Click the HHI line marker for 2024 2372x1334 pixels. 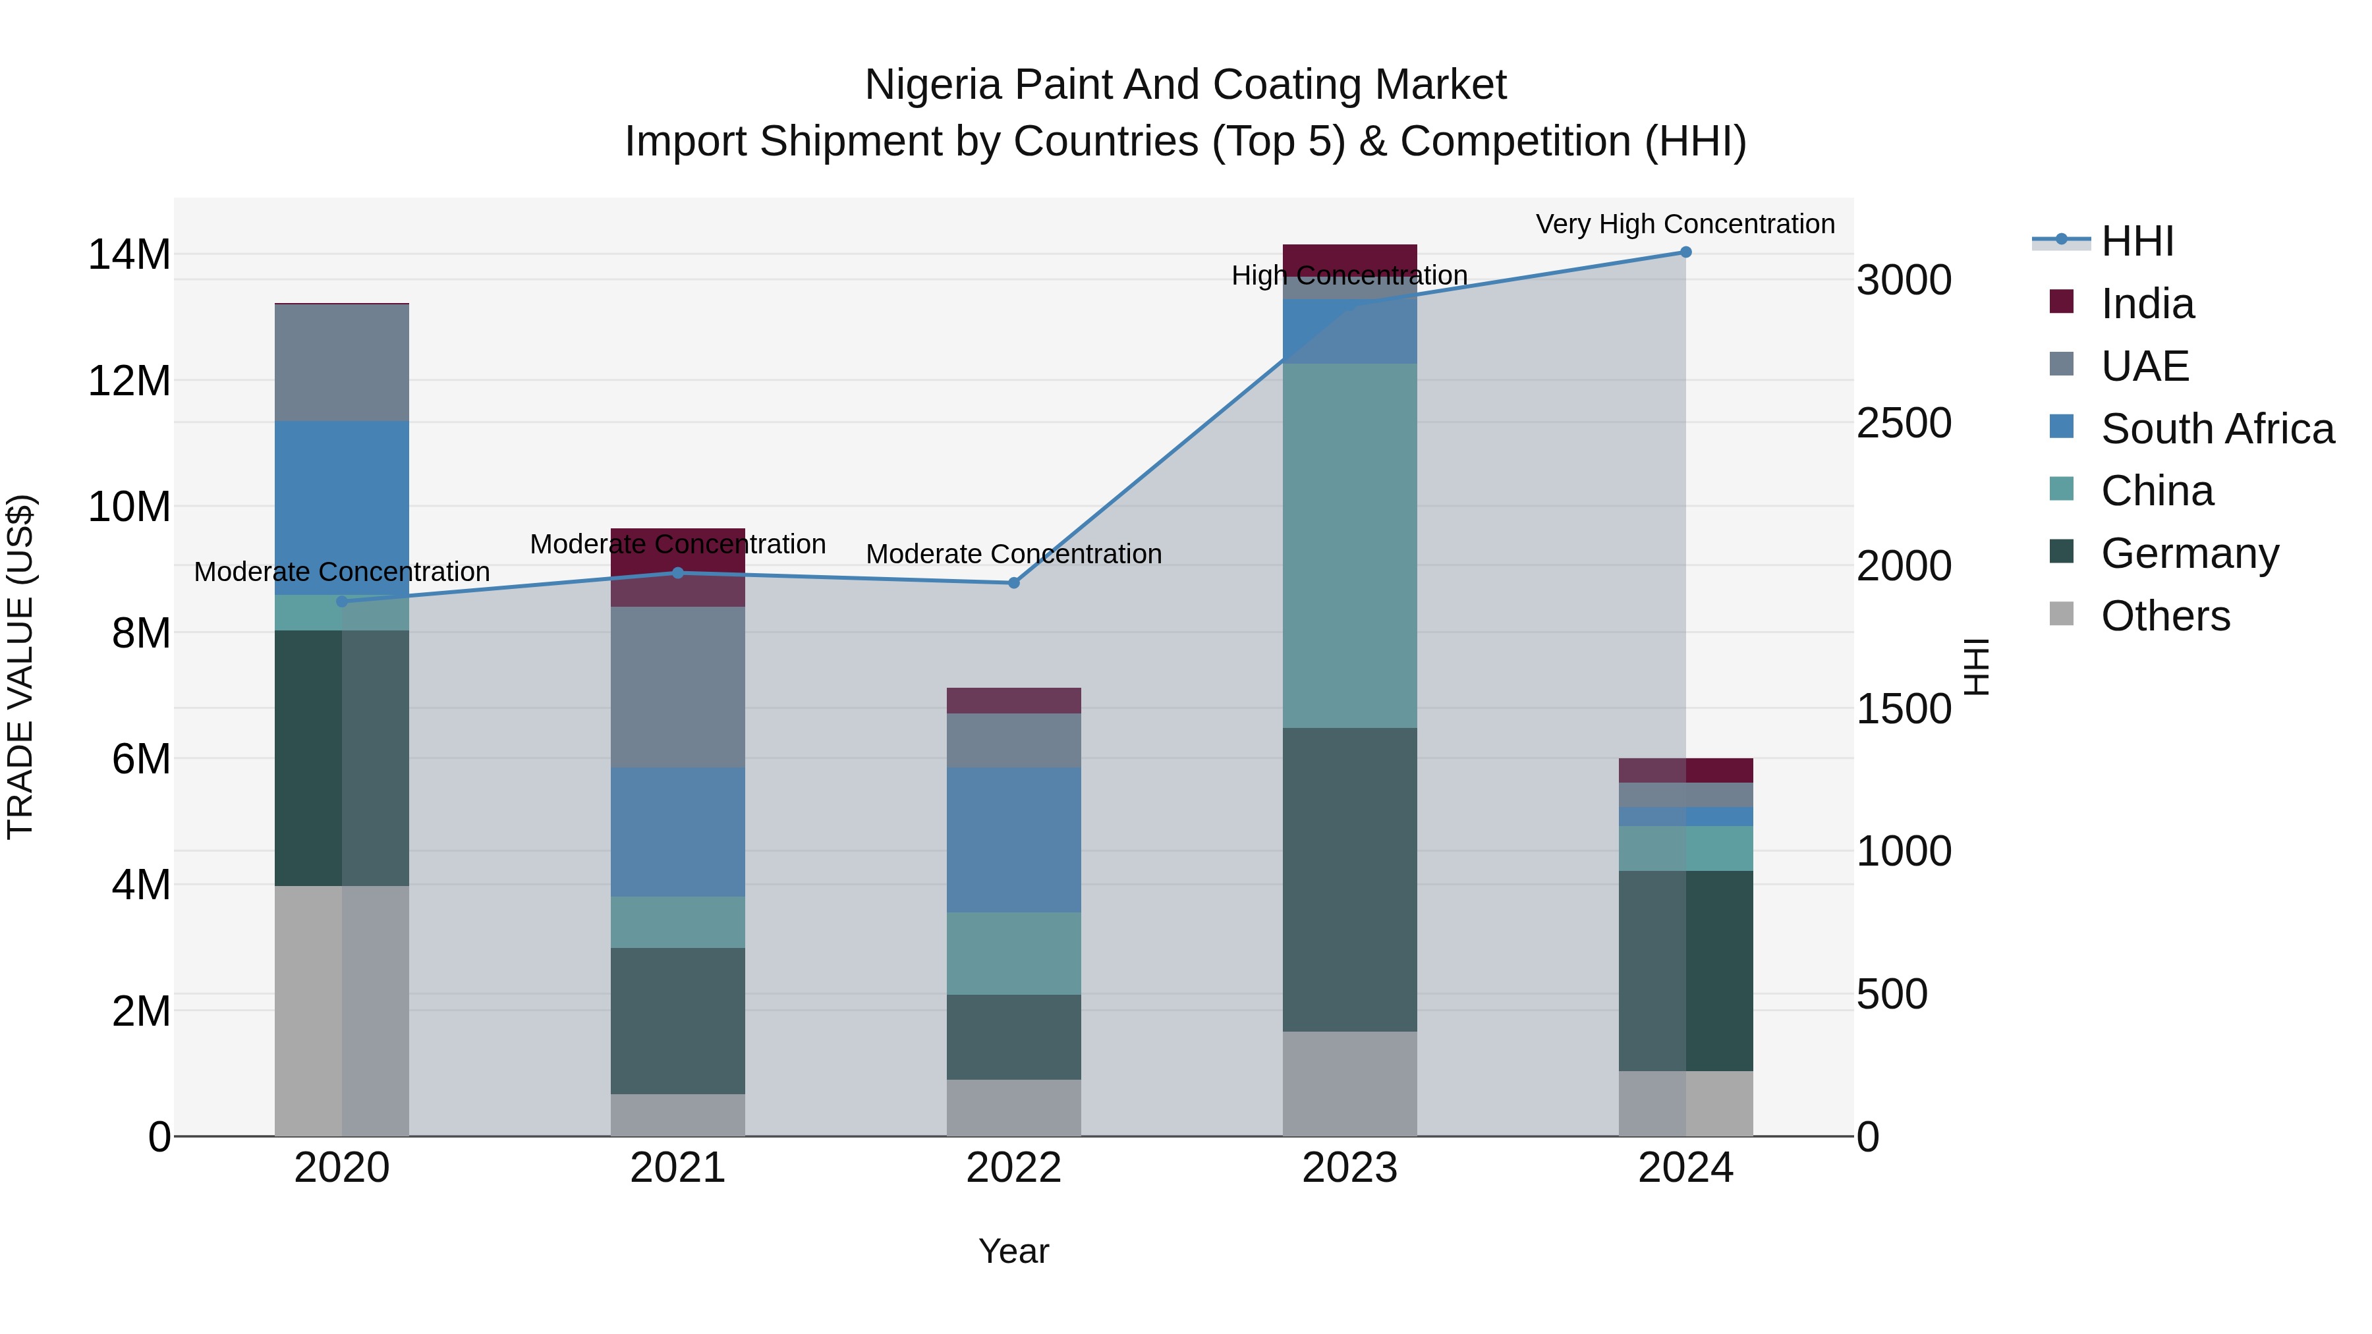[x=1685, y=252]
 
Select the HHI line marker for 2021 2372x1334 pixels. [x=678, y=572]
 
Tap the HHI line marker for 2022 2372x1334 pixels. [x=1014, y=583]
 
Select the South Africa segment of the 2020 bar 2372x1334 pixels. [x=341, y=507]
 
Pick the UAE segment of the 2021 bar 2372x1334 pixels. [x=678, y=687]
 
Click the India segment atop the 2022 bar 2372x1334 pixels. [x=1014, y=701]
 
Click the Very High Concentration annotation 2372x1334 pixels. [x=1685, y=224]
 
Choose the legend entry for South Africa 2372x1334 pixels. [x=2217, y=429]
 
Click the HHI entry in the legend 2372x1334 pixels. [x=2136, y=241]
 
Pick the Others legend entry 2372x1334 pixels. [x=2164, y=616]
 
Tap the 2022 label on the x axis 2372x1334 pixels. [x=1014, y=1168]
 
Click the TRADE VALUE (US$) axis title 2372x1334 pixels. [x=20, y=667]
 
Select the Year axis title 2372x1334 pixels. [x=1014, y=1251]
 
